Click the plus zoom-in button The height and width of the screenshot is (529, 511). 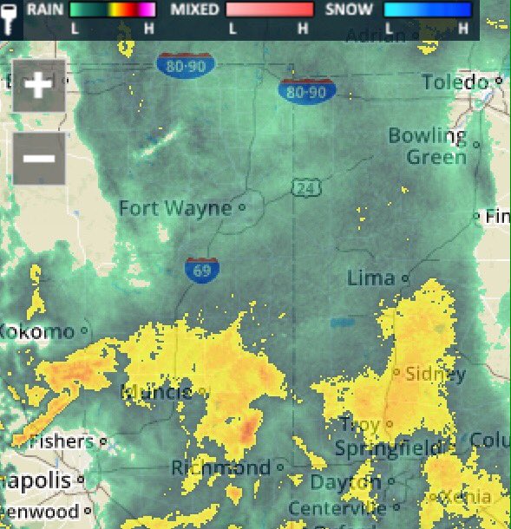(39, 86)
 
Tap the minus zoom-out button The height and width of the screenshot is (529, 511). (39, 158)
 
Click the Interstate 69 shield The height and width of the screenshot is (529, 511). (201, 269)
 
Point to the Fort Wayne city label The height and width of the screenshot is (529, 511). (175, 208)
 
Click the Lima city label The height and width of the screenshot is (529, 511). (370, 278)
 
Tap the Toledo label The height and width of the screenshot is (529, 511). (455, 82)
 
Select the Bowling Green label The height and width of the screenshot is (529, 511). (428, 147)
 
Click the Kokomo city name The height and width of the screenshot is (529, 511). (38, 331)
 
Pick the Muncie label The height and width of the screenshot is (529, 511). (158, 393)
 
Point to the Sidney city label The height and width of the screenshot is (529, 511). (436, 375)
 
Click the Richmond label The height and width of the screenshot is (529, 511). (221, 468)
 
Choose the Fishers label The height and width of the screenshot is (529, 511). (61, 441)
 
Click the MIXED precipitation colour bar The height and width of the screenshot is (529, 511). (269, 10)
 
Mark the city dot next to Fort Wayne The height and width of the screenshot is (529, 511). (242, 208)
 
